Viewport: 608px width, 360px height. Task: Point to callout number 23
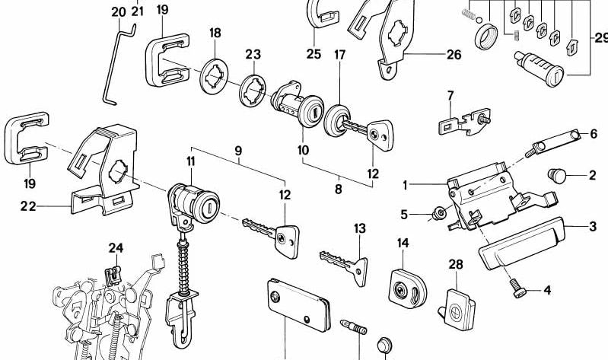click(252, 54)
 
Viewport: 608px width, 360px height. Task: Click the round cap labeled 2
click(560, 176)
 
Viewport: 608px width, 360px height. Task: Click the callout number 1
click(406, 183)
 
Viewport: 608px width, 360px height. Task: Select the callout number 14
click(403, 243)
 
